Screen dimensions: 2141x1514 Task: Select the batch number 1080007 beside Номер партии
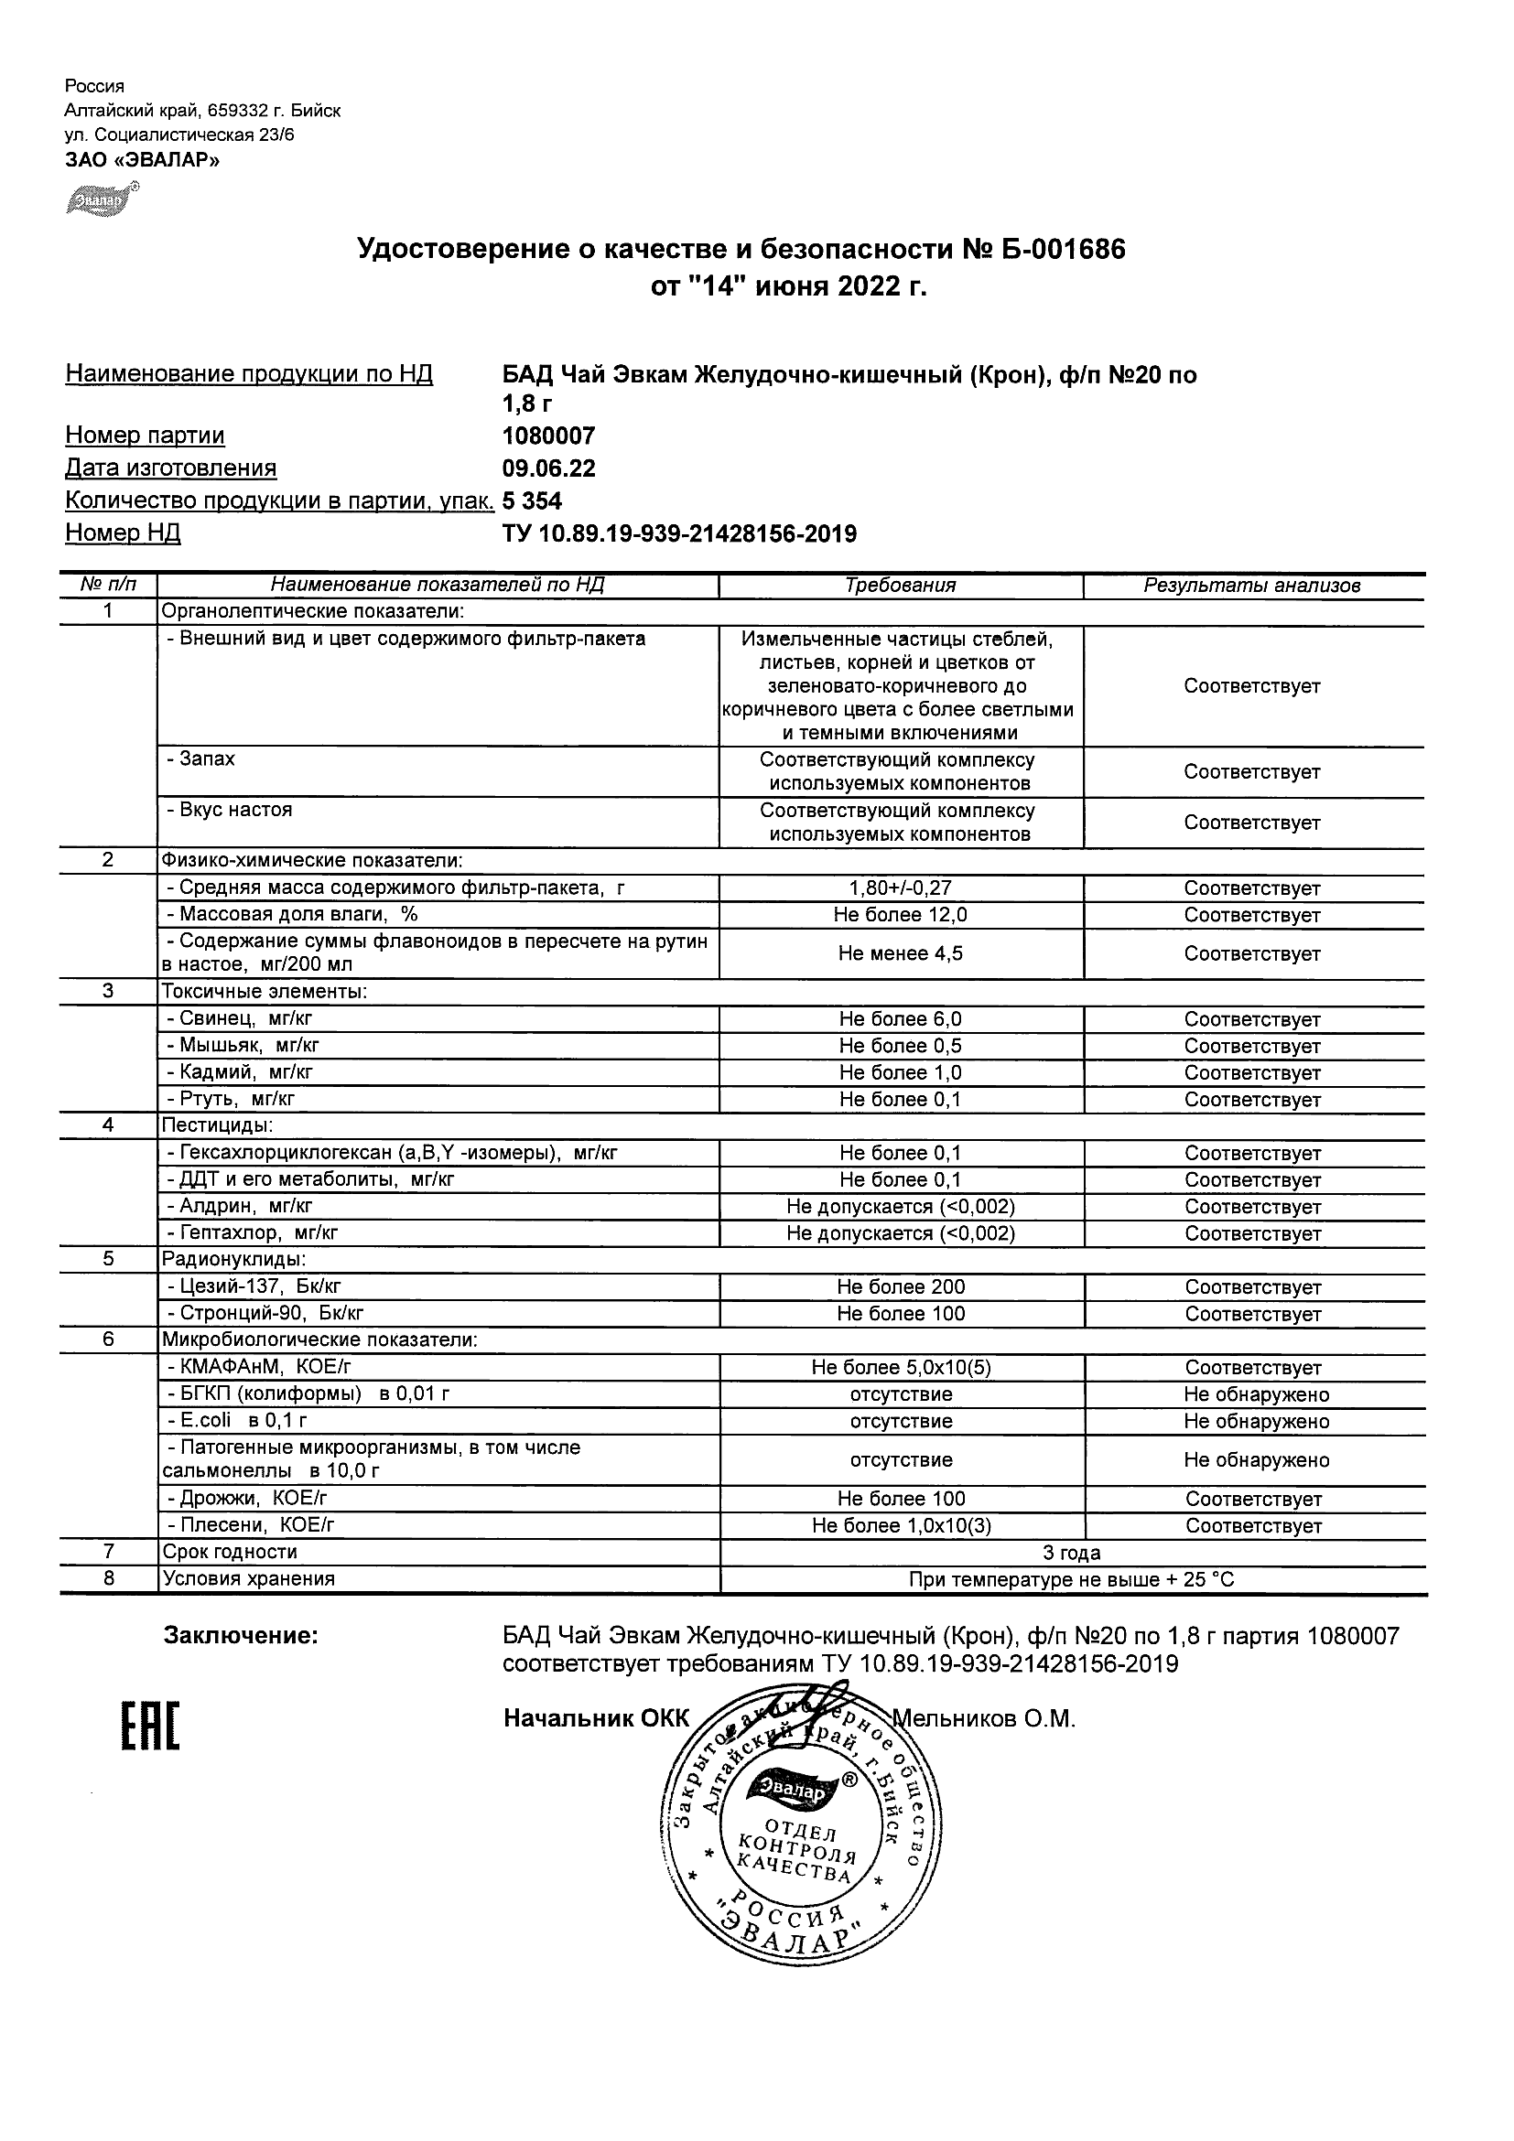[547, 436]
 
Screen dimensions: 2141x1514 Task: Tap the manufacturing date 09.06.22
[547, 468]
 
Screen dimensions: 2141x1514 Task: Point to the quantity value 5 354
[532, 500]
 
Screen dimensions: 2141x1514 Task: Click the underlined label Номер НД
[123, 533]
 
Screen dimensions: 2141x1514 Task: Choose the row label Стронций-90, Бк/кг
[264, 1314]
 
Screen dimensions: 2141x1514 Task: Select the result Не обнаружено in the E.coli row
[1256, 1422]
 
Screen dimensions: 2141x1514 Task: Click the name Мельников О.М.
[984, 1718]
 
